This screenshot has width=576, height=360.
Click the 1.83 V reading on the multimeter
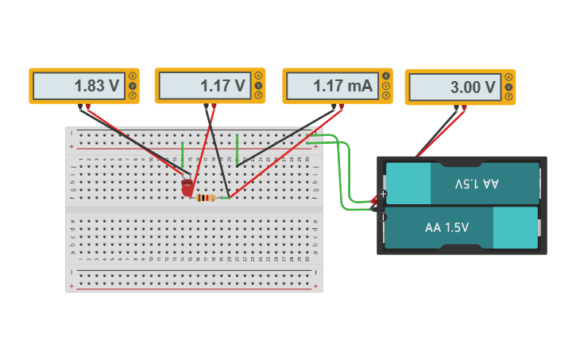tap(96, 86)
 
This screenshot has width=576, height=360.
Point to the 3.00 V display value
tap(473, 87)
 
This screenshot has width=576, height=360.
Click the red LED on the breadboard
tap(187, 188)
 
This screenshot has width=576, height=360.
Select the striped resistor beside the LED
tap(206, 198)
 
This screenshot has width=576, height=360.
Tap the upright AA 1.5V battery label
tap(446, 227)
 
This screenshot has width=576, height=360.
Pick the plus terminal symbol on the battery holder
tap(384, 194)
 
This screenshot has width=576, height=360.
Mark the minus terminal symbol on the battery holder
tap(384, 216)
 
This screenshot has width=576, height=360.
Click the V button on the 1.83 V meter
tap(132, 86)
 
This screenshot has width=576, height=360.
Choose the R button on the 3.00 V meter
tap(508, 97)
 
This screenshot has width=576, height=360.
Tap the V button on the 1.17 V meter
tap(258, 85)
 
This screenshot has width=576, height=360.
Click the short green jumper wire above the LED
tap(182, 153)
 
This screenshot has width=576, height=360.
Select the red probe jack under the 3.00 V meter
tap(464, 108)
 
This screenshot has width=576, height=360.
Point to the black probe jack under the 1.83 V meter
tap(79, 106)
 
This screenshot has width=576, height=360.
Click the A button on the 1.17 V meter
tap(258, 75)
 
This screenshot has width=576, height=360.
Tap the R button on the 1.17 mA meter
tap(386, 95)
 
